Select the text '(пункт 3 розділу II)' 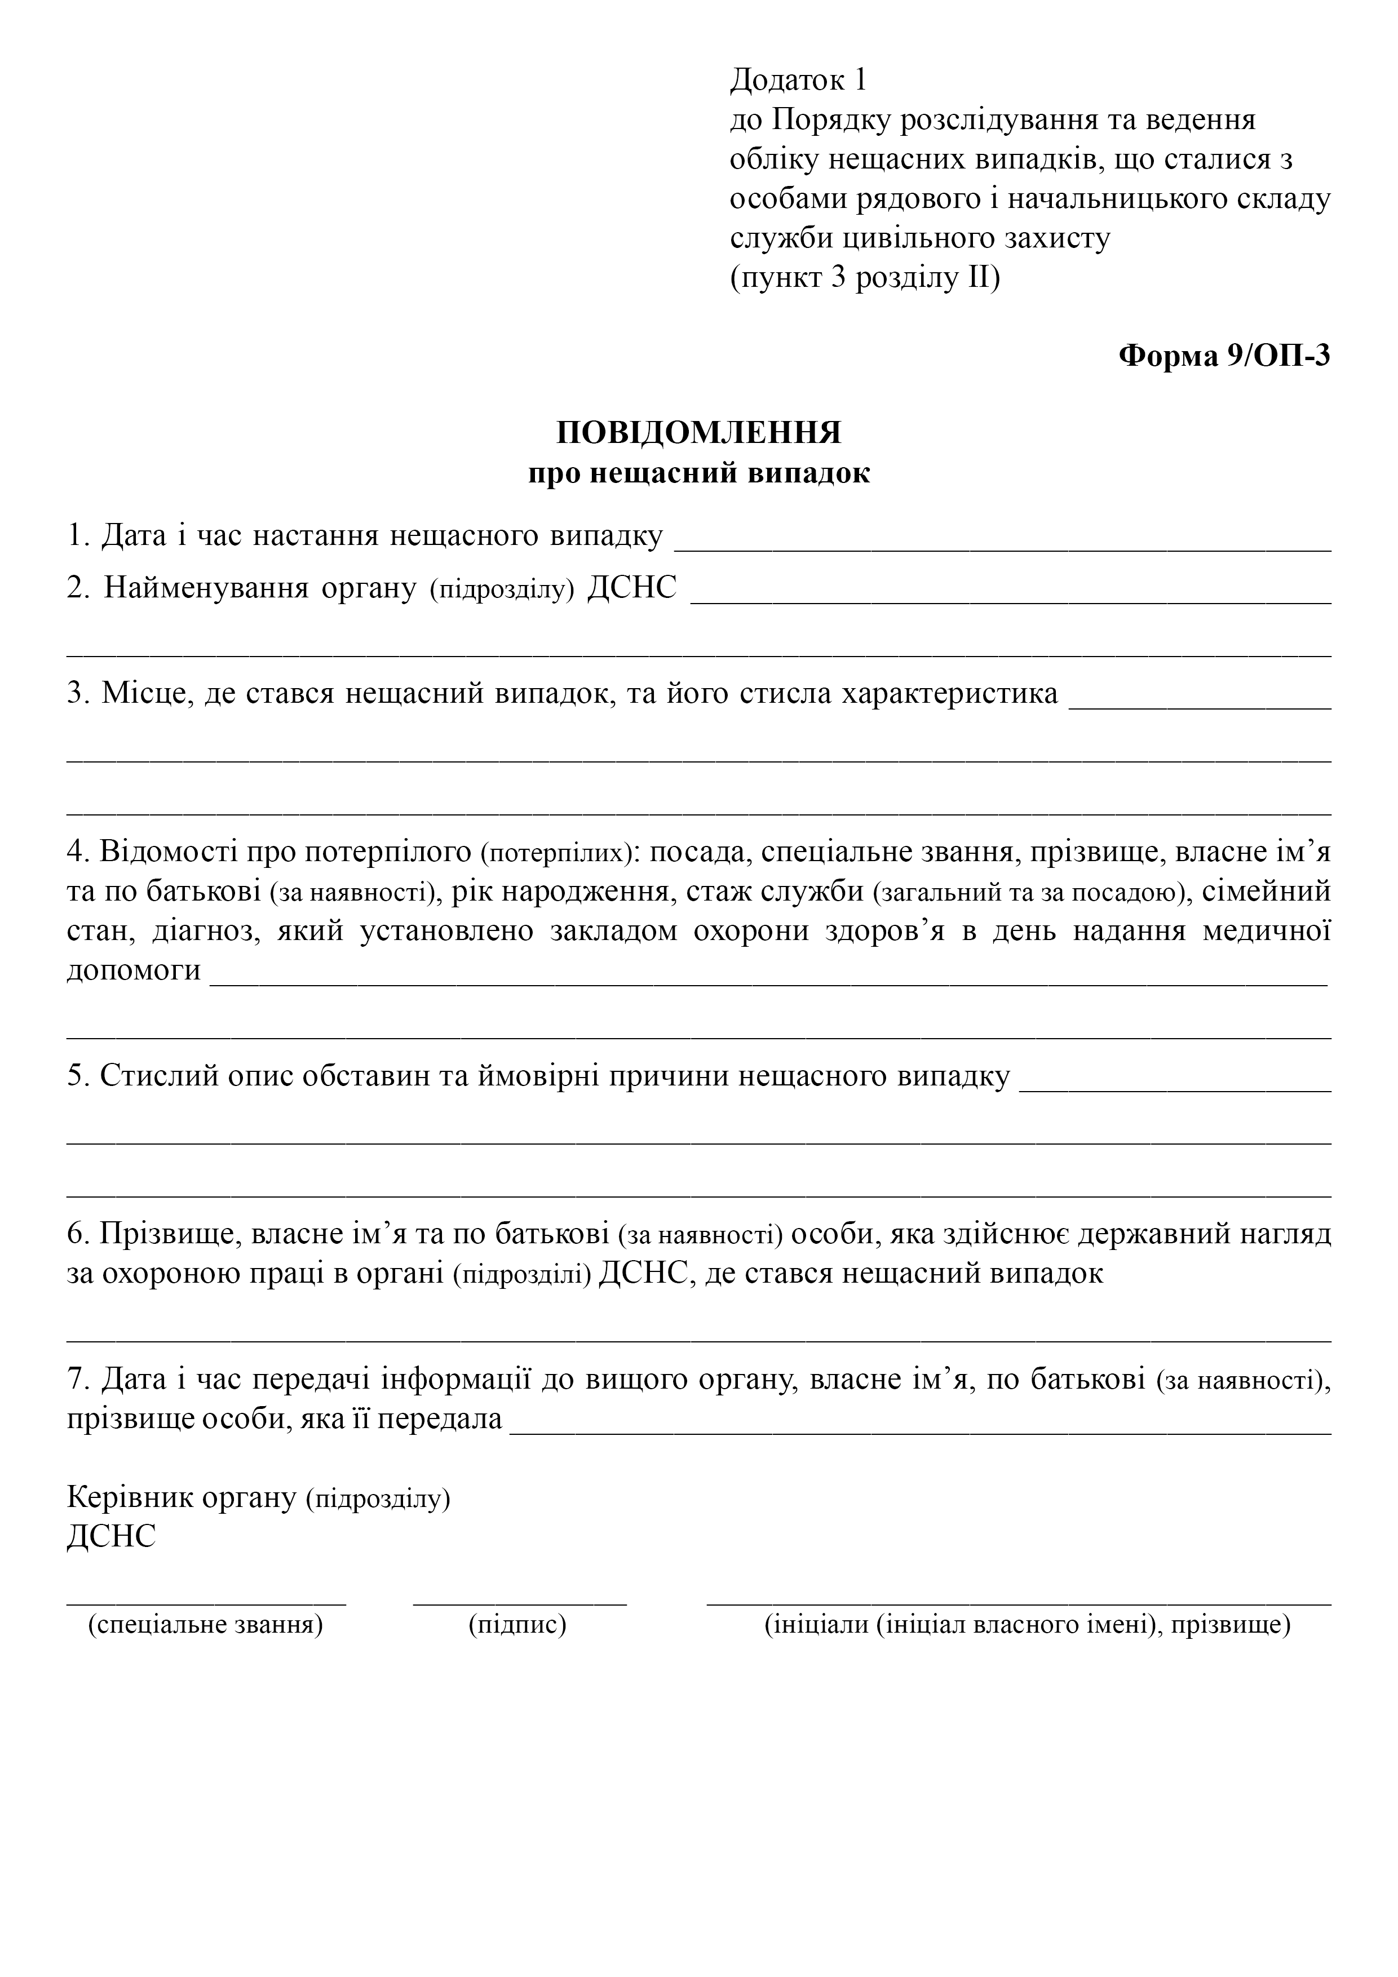[x=865, y=278]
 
